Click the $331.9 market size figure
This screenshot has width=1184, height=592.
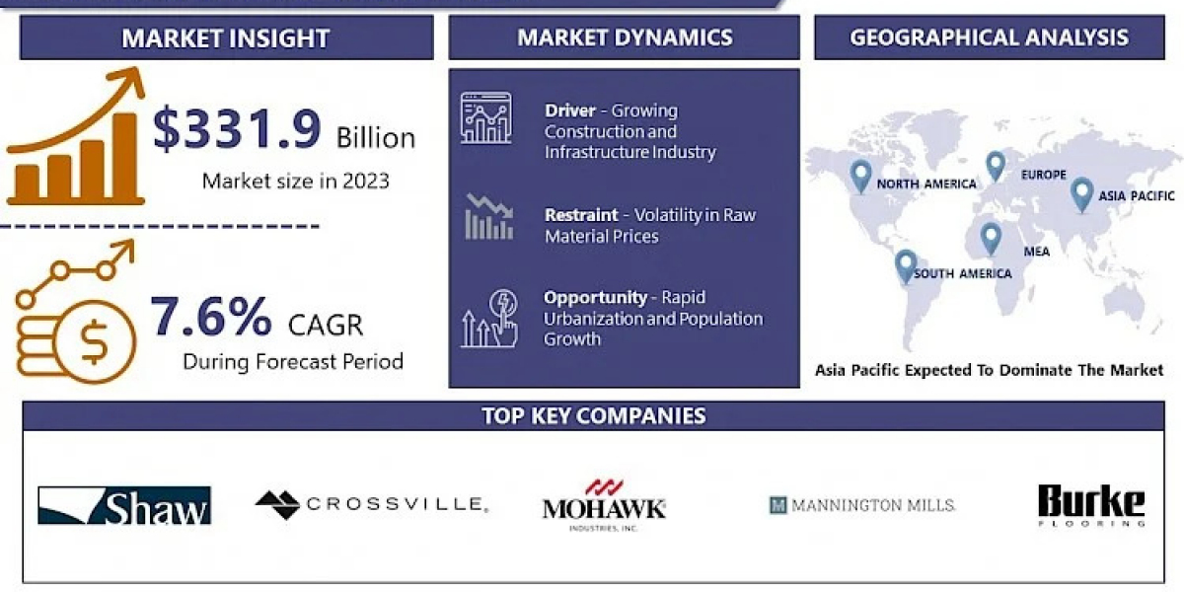[237, 128]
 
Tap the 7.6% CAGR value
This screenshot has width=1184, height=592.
[211, 317]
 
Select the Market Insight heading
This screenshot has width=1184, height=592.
[226, 38]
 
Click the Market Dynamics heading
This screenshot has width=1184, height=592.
[625, 37]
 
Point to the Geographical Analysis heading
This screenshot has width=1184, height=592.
[989, 37]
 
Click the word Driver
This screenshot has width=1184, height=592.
[570, 111]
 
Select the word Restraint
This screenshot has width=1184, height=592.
[581, 215]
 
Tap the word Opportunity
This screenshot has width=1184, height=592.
[595, 298]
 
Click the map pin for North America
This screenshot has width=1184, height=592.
[861, 176]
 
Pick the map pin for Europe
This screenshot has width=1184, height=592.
[996, 166]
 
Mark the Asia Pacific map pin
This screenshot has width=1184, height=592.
[1082, 194]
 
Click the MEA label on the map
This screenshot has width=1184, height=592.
[1037, 252]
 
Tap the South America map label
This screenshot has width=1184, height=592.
[963, 274]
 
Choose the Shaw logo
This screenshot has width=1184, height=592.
[124, 505]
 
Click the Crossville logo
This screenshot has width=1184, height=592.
[372, 504]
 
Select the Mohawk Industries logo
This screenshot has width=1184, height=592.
[604, 505]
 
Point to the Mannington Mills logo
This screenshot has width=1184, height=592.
[862, 505]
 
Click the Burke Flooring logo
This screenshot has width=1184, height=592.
[1091, 505]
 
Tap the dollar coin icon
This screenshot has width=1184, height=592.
[95, 341]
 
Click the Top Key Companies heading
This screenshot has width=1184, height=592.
[594, 416]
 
